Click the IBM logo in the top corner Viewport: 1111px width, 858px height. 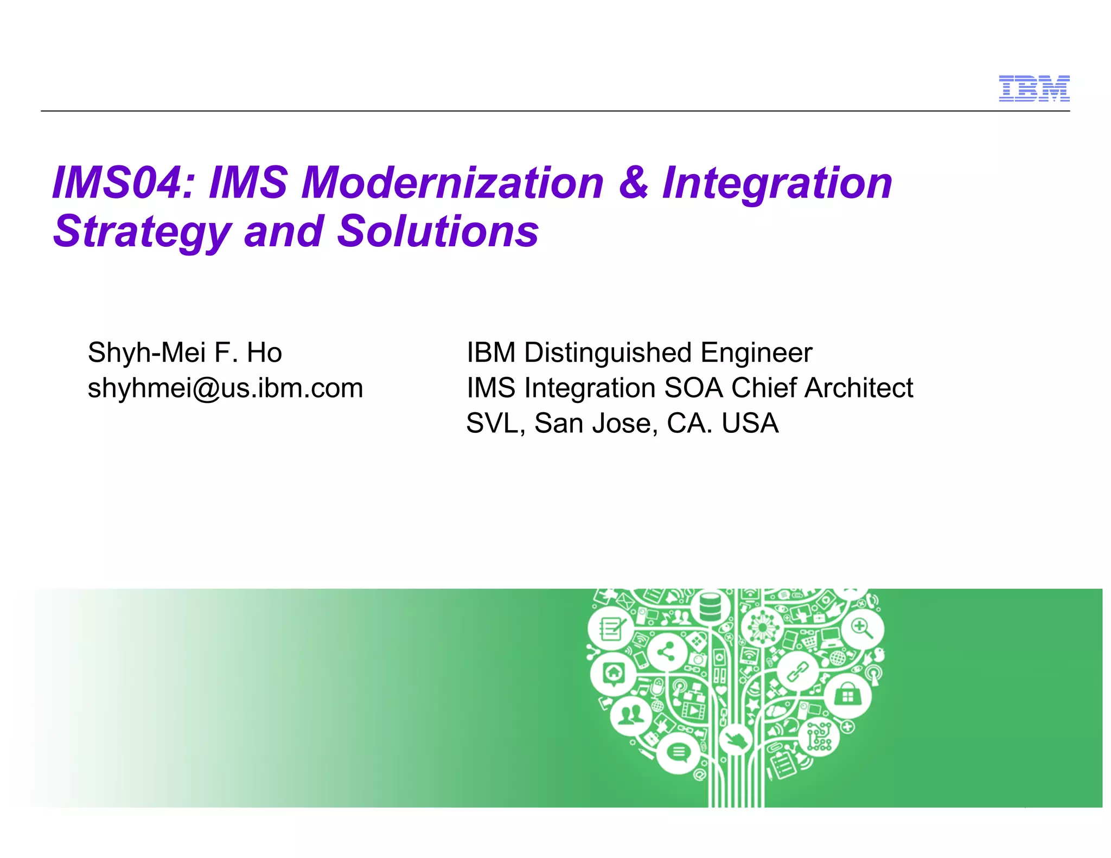tap(1034, 88)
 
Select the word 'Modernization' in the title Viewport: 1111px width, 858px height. tap(452, 183)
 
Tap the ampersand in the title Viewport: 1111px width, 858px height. tap(633, 183)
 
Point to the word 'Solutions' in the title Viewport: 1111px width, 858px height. tap(438, 232)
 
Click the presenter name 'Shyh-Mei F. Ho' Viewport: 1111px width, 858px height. tap(184, 353)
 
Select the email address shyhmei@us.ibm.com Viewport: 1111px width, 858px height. tap(225, 388)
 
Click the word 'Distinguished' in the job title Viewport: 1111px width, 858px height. tap(608, 353)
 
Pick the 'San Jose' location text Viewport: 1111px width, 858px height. tap(596, 423)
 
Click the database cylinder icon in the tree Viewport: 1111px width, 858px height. tap(710, 607)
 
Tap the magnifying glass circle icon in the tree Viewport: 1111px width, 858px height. tap(862, 629)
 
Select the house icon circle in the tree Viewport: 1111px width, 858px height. tap(614, 674)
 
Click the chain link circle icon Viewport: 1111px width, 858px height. tap(797, 671)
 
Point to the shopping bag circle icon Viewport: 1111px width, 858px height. tap(847, 696)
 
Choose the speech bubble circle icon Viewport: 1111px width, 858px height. tap(678, 752)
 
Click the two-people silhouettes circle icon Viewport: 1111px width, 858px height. tap(631, 715)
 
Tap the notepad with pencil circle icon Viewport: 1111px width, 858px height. tap(611, 629)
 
